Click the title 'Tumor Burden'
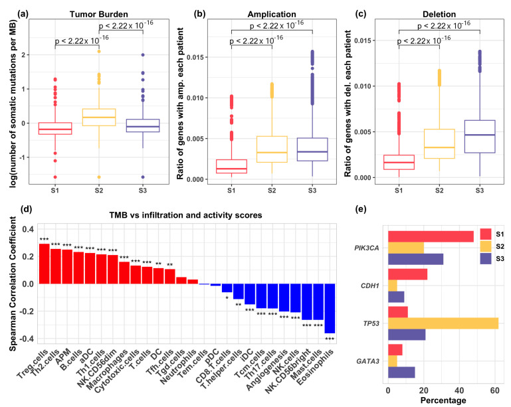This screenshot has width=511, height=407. click(99, 14)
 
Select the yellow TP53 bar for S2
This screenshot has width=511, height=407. click(443, 323)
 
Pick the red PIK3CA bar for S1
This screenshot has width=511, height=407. click(431, 236)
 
